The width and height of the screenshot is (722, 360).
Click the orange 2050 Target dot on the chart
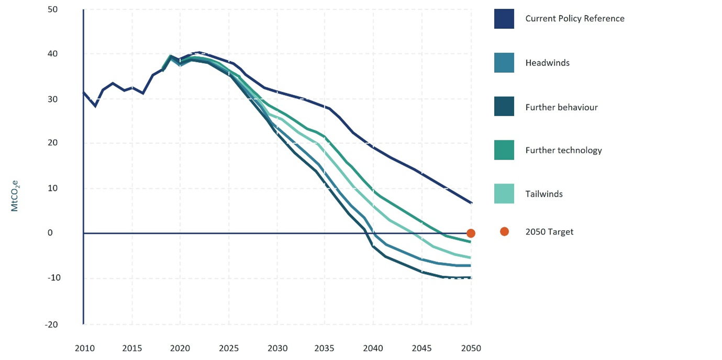(x=471, y=233)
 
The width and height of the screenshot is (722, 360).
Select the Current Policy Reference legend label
(x=574, y=18)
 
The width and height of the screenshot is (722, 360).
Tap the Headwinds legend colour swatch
(x=504, y=63)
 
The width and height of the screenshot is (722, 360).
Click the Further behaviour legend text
(x=561, y=107)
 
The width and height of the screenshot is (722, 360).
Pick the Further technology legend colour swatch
(x=504, y=150)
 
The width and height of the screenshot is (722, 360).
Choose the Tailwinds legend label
(x=544, y=194)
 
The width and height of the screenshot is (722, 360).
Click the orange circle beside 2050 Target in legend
(x=504, y=231)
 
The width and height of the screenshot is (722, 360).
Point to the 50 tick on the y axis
(x=52, y=9)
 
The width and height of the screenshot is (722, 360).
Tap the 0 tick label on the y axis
(x=50, y=233)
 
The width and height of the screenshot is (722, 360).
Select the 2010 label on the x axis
(x=84, y=348)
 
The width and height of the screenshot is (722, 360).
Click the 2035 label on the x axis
(x=325, y=348)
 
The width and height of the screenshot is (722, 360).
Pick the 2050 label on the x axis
(x=471, y=348)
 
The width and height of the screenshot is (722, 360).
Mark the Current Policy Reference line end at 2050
(x=471, y=203)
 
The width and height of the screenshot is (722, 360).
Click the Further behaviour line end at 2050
(x=471, y=278)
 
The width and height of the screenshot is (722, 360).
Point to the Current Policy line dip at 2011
(x=95, y=106)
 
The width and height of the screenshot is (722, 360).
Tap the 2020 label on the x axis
(x=180, y=348)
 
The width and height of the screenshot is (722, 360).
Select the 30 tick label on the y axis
(x=52, y=99)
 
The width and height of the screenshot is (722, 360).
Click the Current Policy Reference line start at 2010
(x=84, y=93)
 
